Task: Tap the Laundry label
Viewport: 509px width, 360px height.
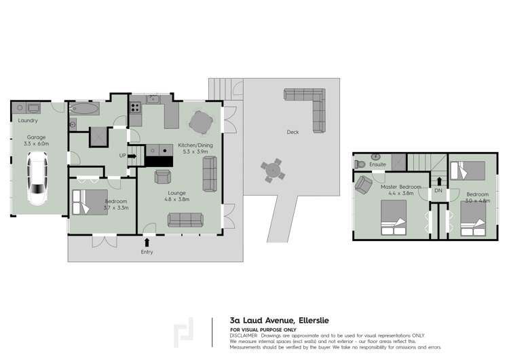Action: (x=28, y=121)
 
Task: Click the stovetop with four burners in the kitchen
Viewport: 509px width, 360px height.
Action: (x=135, y=106)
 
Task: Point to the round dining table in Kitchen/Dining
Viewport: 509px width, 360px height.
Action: (x=201, y=123)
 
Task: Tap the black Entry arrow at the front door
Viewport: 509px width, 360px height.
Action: (x=147, y=241)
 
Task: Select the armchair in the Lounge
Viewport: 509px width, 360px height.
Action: (x=163, y=177)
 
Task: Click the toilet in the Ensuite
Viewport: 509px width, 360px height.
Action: (x=360, y=164)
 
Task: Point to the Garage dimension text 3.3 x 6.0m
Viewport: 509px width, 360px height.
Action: (x=37, y=144)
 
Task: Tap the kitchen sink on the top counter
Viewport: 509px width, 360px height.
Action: (x=154, y=100)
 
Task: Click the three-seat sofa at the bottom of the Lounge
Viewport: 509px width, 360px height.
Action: (x=185, y=219)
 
